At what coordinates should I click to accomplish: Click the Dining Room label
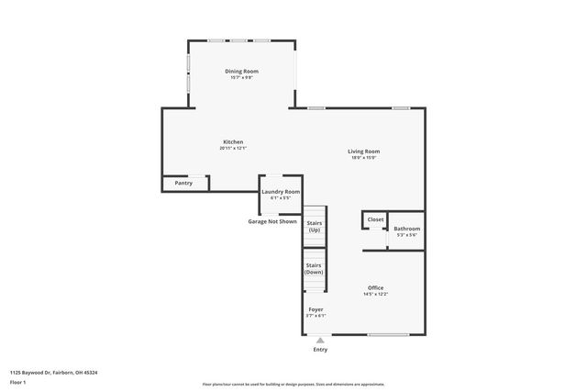point(242,71)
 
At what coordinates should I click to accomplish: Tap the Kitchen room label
point(233,141)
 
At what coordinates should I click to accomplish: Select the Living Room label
point(363,151)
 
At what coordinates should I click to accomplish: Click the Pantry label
point(183,184)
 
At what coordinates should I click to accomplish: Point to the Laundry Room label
point(281,192)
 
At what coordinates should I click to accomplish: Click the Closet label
point(376,219)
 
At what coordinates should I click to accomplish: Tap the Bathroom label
point(407,229)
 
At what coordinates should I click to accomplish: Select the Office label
point(376,287)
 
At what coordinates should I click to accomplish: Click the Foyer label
point(316,309)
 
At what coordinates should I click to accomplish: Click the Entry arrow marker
point(320,340)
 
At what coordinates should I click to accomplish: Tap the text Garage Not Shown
point(272,221)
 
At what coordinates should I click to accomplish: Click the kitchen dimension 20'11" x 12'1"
point(233,149)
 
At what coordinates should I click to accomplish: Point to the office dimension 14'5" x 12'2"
point(376,294)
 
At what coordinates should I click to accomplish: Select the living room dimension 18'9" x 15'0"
point(363,158)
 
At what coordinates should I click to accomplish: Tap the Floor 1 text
point(18,382)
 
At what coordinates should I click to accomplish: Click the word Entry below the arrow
point(320,349)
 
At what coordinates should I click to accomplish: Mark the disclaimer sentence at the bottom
point(293,385)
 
